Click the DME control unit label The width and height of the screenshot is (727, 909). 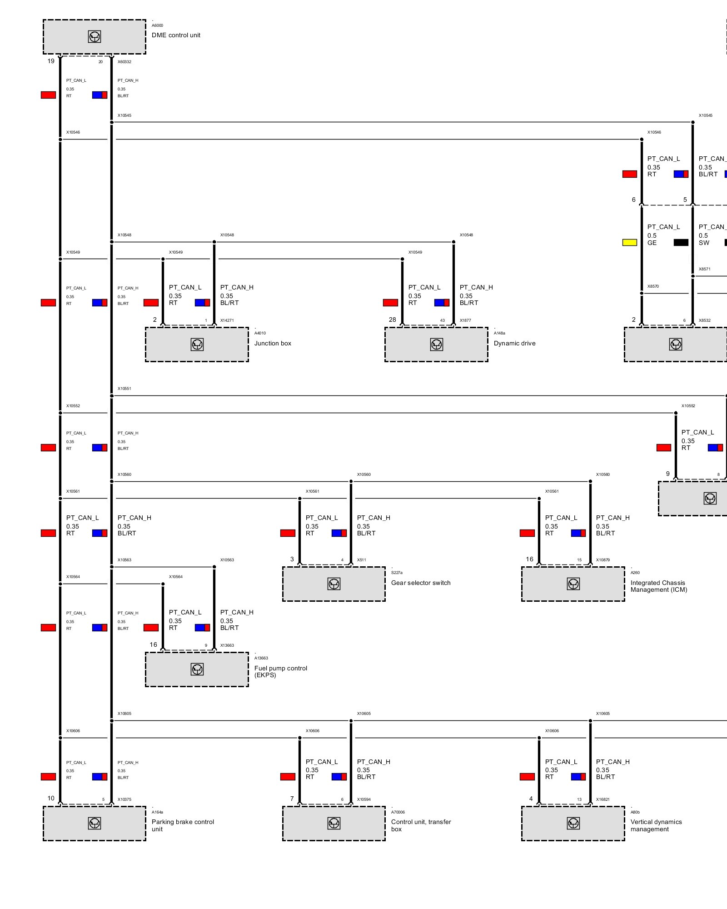[x=176, y=35]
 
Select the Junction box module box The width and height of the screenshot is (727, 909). [x=197, y=345]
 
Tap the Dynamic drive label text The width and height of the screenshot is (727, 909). [x=514, y=344]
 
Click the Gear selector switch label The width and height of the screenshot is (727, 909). [x=421, y=583]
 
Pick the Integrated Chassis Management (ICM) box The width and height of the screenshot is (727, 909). [x=573, y=584]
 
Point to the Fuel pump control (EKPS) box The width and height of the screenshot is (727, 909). [x=197, y=669]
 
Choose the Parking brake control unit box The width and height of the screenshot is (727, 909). [x=95, y=823]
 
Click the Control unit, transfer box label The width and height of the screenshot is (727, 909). [x=421, y=825]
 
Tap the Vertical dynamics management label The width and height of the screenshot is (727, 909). [x=656, y=825]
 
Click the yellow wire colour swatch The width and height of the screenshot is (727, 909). [x=629, y=243]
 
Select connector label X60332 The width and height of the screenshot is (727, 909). [x=124, y=62]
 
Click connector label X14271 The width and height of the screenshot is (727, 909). [x=227, y=320]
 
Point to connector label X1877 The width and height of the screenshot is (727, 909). [x=465, y=320]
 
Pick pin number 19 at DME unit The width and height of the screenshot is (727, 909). [x=51, y=61]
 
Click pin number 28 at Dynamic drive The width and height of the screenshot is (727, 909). [x=392, y=320]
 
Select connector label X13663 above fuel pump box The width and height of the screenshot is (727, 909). [x=227, y=645]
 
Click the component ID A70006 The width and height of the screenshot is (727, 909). [x=398, y=812]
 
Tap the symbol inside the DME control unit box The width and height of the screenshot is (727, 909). [x=95, y=37]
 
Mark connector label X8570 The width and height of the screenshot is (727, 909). [x=653, y=286]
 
